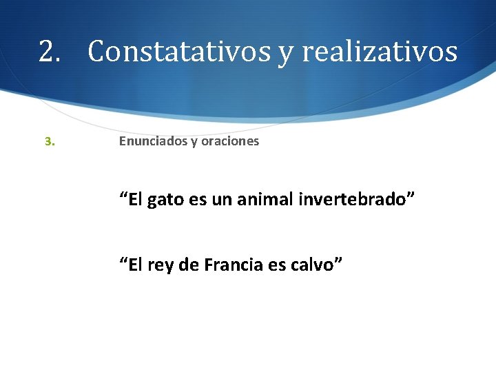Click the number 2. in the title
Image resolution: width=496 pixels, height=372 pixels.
pyautogui.click(x=50, y=52)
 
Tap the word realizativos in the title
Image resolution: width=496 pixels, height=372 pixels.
pyautogui.click(x=380, y=52)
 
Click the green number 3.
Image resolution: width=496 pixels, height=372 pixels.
pyautogui.click(x=49, y=142)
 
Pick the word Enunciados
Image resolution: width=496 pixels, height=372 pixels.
pyautogui.click(x=152, y=141)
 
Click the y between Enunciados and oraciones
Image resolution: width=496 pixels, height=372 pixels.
pyautogui.click(x=194, y=143)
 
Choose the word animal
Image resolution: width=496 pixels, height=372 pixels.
pyautogui.click(x=265, y=200)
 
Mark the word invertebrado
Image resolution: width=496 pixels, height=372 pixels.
pyautogui.click(x=355, y=200)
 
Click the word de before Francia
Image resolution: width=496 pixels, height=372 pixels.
pyautogui.click(x=189, y=264)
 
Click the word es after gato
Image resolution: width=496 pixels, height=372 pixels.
pyautogui.click(x=198, y=201)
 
